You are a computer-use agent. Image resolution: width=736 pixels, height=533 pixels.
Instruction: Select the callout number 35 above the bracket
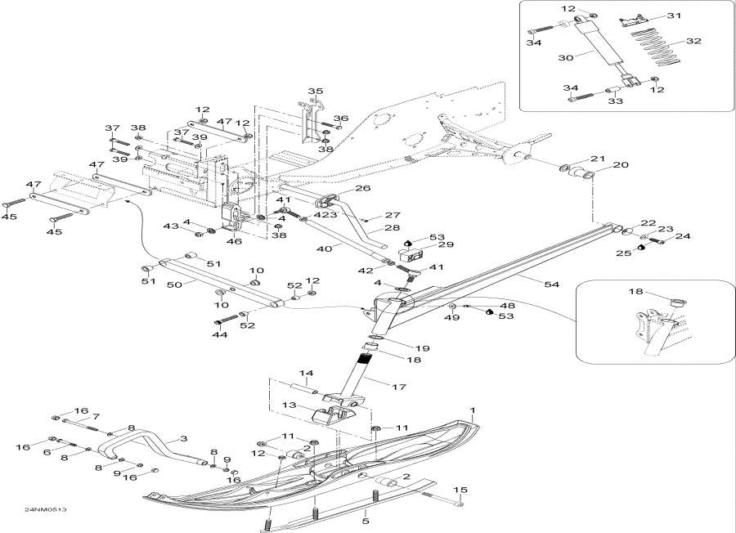tap(315, 91)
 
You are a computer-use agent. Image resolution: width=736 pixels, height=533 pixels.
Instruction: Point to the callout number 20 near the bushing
tap(620, 164)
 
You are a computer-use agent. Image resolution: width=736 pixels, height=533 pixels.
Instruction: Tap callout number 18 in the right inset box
tap(636, 291)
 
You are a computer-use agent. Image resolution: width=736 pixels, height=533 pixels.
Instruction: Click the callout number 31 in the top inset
tap(674, 16)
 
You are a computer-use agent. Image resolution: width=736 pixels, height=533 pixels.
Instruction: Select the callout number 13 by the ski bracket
tap(288, 405)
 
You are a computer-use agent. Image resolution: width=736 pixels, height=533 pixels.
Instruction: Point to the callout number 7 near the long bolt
tap(96, 417)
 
